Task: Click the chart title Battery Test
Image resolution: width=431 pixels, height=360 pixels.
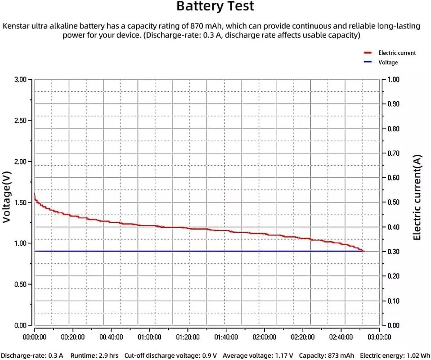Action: coord(215,7)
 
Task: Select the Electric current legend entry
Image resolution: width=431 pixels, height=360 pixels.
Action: coord(397,53)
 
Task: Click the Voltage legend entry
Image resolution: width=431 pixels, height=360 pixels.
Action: coord(388,63)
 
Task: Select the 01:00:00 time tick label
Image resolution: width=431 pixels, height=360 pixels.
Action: coord(149,337)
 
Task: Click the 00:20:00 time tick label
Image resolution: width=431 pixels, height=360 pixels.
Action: coord(73,337)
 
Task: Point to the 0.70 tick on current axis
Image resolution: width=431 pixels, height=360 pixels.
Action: coord(393,153)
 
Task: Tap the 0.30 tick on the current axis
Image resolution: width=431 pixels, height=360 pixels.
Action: coord(393,252)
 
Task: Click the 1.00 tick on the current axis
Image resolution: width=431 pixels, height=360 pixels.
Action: coord(393,80)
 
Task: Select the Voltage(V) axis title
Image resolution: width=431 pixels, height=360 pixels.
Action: coord(6,197)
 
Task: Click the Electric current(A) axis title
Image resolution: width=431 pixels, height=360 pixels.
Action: coord(417,197)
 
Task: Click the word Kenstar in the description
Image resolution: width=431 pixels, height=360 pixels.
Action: coord(17,26)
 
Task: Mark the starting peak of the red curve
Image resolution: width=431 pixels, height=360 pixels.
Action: coord(35,194)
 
